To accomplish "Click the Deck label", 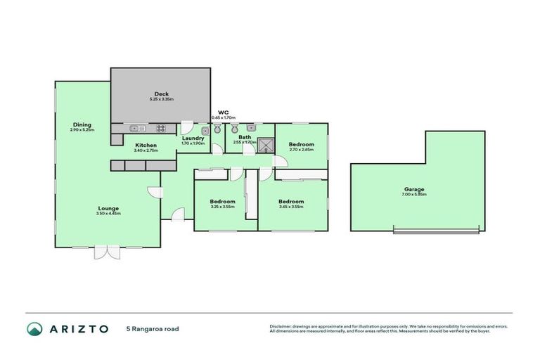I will coord(161,94).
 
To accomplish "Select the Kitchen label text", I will coord(146,146).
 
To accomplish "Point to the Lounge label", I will coord(108,208).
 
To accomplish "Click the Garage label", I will coord(414,189).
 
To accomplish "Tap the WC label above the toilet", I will coord(223,112).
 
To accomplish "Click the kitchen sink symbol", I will coord(136,129).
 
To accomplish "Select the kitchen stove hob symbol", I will coord(160,129).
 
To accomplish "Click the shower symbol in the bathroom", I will coord(266,146).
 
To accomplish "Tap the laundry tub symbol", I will coord(205,130).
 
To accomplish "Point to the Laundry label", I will coord(193,138).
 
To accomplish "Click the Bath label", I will coord(245,137).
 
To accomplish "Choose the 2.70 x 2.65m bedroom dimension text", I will coord(301,150).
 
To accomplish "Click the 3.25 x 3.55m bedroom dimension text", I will coord(222,207).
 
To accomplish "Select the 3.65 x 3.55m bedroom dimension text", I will coord(291,207).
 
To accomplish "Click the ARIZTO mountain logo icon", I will coord(34,328).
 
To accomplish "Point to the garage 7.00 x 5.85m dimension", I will coord(414,195).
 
